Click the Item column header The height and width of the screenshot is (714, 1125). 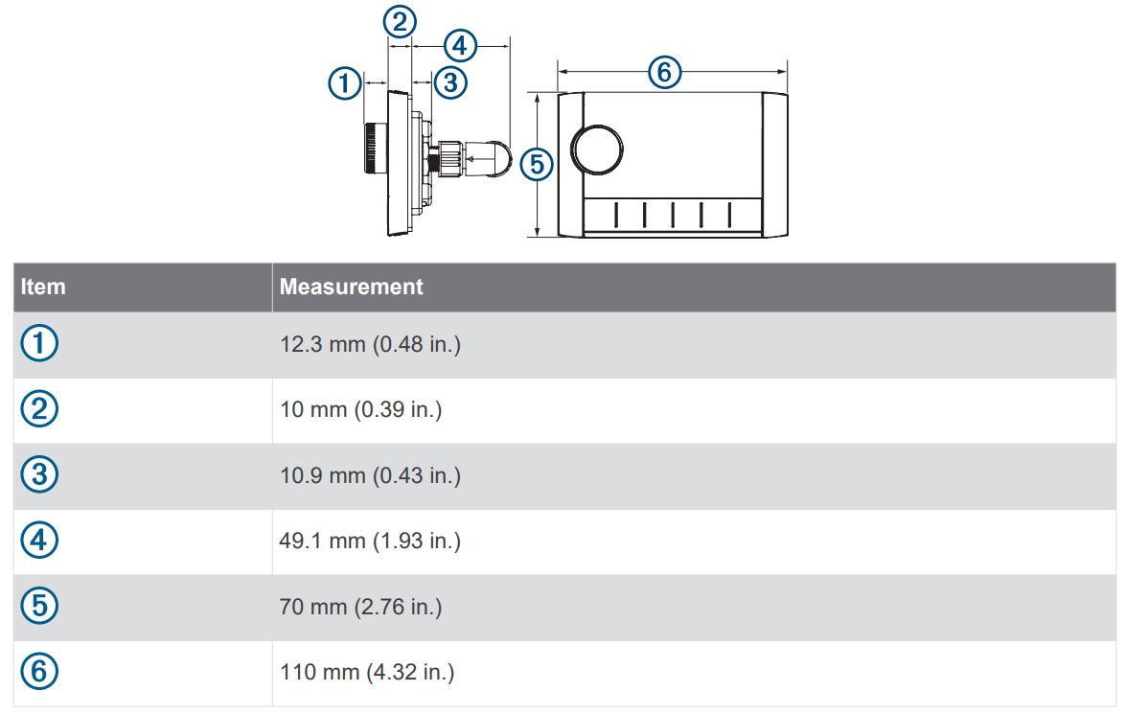pyautogui.click(x=43, y=287)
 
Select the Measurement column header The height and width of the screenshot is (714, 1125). pyautogui.click(x=351, y=287)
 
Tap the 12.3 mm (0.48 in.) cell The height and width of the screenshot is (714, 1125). pyautogui.click(x=370, y=345)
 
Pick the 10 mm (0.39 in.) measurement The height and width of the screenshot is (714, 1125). pyautogui.click(x=360, y=410)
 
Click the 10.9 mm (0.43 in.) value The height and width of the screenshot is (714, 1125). pyautogui.click(x=370, y=475)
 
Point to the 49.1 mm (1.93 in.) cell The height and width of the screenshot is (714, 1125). pyautogui.click(x=370, y=541)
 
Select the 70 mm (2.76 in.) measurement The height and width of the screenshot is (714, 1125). pyautogui.click(x=360, y=608)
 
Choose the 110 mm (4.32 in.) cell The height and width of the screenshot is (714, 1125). pyautogui.click(x=367, y=673)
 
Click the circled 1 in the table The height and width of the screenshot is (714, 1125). pyautogui.click(x=39, y=344)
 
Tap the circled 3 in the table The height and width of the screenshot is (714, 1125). pyautogui.click(x=39, y=475)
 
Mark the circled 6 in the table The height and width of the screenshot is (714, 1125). pyautogui.click(x=39, y=672)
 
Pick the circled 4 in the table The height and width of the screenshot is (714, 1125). pyautogui.click(x=39, y=541)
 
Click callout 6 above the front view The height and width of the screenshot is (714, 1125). pyautogui.click(x=665, y=72)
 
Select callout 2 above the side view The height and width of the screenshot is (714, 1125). pyautogui.click(x=400, y=20)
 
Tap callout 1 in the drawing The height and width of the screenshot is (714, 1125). pyautogui.click(x=345, y=83)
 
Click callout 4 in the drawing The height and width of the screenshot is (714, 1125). pyautogui.click(x=460, y=44)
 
